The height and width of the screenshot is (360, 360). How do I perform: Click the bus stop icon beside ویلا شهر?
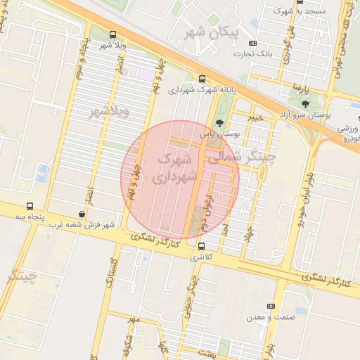coord(113,34)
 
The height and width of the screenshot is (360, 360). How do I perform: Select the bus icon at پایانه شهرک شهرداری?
coord(202,79)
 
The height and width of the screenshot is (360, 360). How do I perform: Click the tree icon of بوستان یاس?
coord(219,123)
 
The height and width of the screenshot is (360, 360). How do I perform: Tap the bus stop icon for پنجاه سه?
coord(30,206)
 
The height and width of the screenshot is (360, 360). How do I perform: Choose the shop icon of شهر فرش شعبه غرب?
coord(83,214)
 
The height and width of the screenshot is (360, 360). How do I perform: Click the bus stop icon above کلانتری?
coord(202,247)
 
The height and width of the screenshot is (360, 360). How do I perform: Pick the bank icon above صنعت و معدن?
coord(271,306)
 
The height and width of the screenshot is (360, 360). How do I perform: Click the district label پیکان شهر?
coord(211,32)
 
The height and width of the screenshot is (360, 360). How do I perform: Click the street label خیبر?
coord(255,118)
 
